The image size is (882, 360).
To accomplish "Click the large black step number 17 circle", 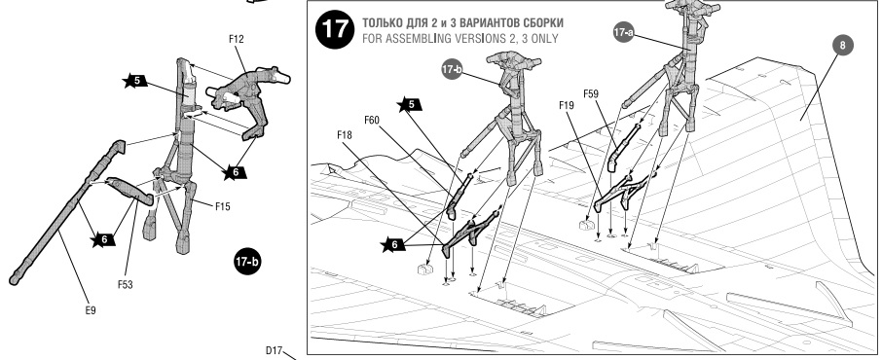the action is pyautogui.click(x=335, y=29).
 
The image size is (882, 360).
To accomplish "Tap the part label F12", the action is pyautogui.click(x=237, y=39).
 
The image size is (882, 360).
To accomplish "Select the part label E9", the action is pyautogui.click(x=90, y=310).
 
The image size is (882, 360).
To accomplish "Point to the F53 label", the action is pyautogui.click(x=125, y=285).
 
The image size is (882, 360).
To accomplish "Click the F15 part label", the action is pyautogui.click(x=222, y=206).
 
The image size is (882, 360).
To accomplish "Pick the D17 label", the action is pyautogui.click(x=274, y=350).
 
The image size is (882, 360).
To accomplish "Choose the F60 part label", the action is pyautogui.click(x=372, y=120).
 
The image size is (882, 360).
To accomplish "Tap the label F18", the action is pyautogui.click(x=345, y=135).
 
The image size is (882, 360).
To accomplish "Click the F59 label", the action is pyautogui.click(x=591, y=94).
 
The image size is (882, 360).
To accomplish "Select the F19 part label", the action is pyautogui.click(x=567, y=105).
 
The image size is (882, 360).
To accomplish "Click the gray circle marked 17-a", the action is pyautogui.click(x=623, y=33).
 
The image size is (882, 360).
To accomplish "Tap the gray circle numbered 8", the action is pyautogui.click(x=842, y=45).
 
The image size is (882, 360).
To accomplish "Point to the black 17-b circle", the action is pyautogui.click(x=247, y=262).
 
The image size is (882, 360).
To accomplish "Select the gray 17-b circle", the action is pyautogui.click(x=452, y=69).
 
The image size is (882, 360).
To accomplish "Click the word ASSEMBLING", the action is pyautogui.click(x=428, y=39).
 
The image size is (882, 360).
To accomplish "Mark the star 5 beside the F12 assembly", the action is pyautogui.click(x=135, y=81).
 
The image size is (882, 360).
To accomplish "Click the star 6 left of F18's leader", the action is pyautogui.click(x=393, y=244).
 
